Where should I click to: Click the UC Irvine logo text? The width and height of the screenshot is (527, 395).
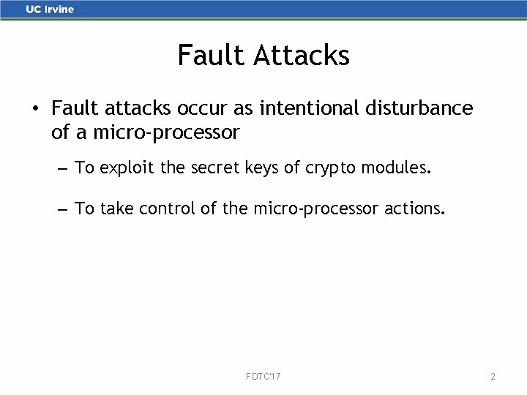50,10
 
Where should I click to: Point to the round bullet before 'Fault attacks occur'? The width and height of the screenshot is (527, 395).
34,110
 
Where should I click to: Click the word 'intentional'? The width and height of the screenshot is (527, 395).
299,108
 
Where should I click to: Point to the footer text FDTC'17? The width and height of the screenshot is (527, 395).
264,376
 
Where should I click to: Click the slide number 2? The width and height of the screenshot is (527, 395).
493,376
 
